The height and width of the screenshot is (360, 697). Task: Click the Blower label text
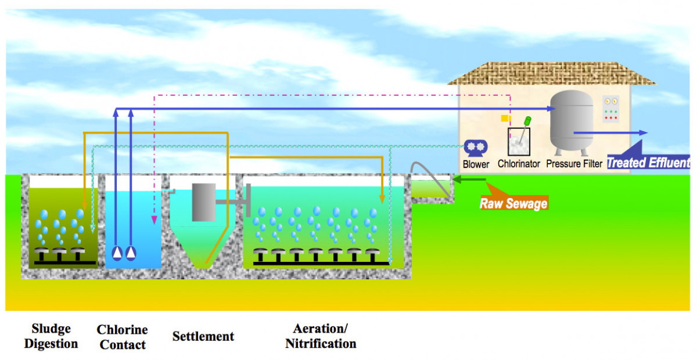(476, 164)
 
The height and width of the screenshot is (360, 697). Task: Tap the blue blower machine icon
(476, 148)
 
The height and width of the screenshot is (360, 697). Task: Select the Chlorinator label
(519, 164)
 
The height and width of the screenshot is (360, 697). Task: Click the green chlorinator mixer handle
(528, 121)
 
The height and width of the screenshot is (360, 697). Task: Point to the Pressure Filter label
(574, 164)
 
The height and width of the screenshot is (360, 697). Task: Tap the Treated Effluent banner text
(648, 163)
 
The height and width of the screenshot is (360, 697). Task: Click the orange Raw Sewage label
(513, 203)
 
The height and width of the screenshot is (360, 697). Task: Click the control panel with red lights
(610, 109)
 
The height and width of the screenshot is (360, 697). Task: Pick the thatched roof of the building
(552, 73)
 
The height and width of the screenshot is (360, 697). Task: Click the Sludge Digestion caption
(51, 336)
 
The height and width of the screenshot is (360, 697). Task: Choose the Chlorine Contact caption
(123, 337)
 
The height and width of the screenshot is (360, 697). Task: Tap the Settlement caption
(203, 336)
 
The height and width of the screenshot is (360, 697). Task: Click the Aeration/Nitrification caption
(321, 336)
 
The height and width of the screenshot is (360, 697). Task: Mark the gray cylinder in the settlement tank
(204, 202)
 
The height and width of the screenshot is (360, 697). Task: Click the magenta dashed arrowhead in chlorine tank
(154, 220)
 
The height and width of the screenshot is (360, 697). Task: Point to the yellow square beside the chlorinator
(505, 118)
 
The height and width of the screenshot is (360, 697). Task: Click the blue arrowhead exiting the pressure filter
(643, 132)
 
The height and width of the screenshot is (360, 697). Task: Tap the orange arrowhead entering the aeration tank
(382, 199)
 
